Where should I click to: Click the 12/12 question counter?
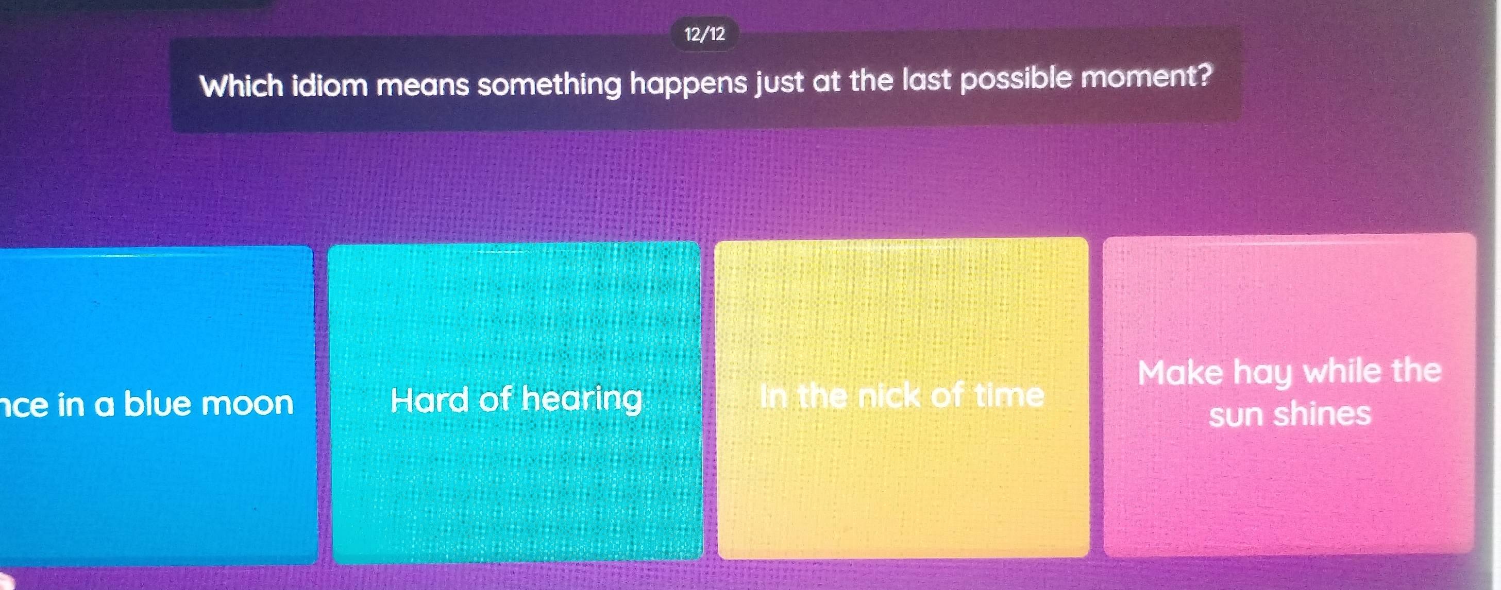(x=705, y=35)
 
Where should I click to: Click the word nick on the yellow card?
(x=891, y=396)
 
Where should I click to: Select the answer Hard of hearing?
(x=516, y=400)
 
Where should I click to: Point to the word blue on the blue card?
(x=157, y=403)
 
